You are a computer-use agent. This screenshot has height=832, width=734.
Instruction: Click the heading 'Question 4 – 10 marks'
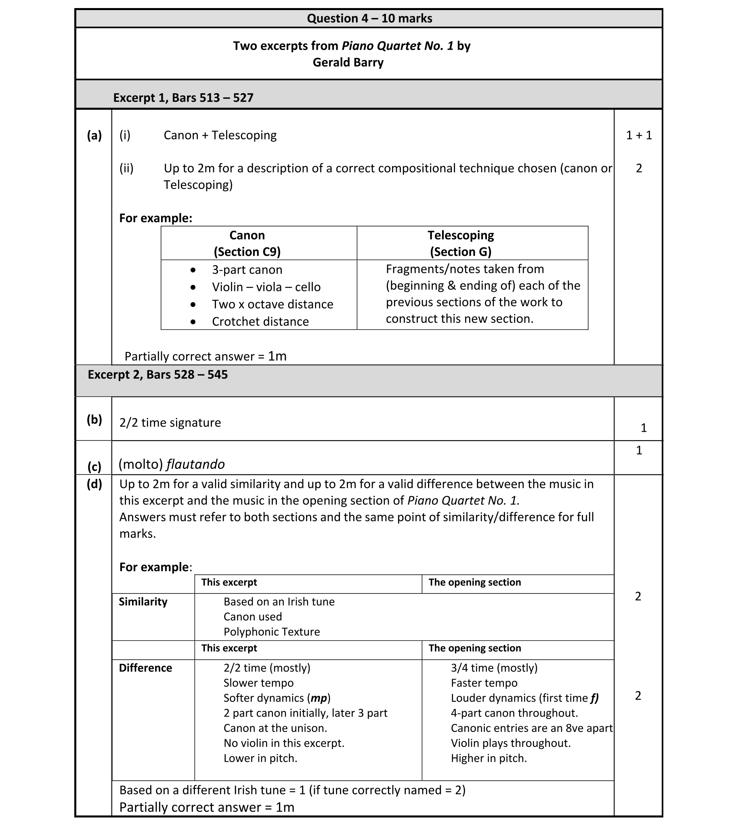[369, 18]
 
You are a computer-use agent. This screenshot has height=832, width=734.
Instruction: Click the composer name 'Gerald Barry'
[348, 62]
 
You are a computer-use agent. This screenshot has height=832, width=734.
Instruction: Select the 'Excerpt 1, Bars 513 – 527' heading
[183, 98]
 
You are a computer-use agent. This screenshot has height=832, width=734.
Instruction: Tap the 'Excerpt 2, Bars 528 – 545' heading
[157, 374]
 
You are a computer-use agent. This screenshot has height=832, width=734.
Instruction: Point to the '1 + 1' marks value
[639, 135]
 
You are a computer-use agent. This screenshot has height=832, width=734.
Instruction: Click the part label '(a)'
[94, 135]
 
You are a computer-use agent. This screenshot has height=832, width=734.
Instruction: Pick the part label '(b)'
[94, 420]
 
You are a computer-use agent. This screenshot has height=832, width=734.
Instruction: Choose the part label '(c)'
[94, 466]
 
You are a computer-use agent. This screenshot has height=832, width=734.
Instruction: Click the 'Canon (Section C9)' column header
[247, 243]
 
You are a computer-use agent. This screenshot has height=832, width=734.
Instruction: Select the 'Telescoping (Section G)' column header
[461, 243]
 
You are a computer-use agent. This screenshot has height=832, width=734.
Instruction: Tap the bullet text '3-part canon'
[247, 270]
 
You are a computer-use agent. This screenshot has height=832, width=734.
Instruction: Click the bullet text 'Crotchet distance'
[260, 322]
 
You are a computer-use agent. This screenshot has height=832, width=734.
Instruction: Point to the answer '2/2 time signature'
[170, 422]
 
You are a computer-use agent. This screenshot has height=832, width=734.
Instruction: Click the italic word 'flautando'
[195, 464]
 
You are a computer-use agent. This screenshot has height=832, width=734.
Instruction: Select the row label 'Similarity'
[143, 602]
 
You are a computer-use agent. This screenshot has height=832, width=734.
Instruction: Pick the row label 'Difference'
[145, 668]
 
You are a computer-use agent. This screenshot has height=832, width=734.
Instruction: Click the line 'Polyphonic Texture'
[272, 632]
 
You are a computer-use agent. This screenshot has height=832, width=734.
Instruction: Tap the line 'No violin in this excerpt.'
[284, 743]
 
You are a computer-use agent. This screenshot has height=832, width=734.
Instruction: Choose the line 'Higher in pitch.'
[489, 758]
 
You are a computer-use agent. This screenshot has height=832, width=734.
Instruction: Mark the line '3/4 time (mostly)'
[494, 668]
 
